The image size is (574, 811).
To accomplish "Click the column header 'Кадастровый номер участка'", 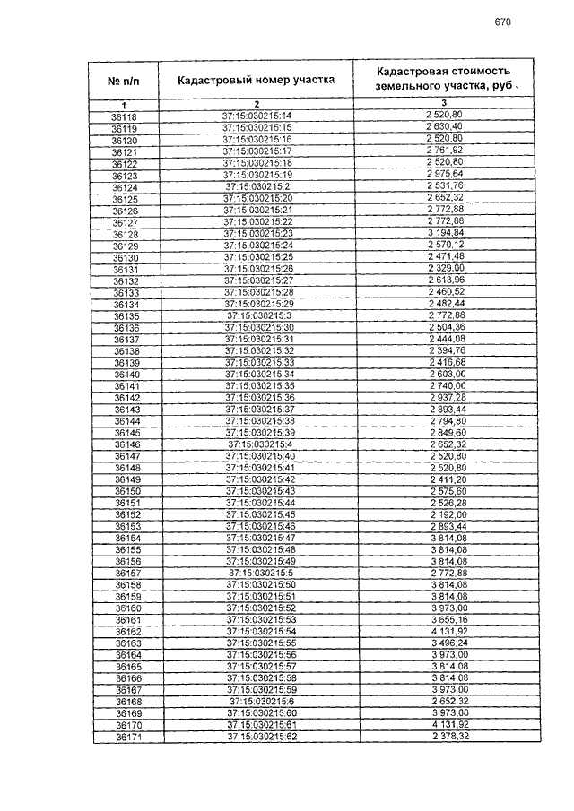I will click(257, 81).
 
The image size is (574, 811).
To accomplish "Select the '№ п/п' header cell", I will click(126, 81).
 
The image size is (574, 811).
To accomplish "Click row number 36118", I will click(125, 117).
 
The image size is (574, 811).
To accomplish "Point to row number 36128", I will click(125, 233).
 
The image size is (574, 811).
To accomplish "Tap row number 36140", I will click(126, 374).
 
